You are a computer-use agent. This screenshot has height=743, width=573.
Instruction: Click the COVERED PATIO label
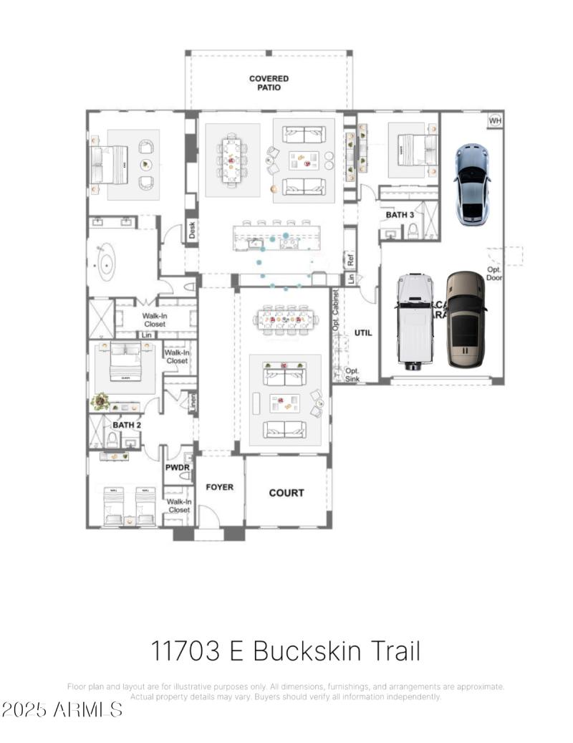pyautogui.click(x=269, y=83)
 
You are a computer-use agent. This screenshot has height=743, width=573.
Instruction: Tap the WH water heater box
pyautogui.click(x=495, y=120)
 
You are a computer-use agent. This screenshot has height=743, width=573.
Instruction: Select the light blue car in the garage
pyautogui.click(x=471, y=184)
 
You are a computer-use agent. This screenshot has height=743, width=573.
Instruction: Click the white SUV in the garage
pyautogui.click(x=415, y=321)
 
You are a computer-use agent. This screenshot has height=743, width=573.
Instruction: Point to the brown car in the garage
pyautogui.click(x=466, y=319)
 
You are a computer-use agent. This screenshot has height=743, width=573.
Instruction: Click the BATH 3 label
pyautogui.click(x=400, y=214)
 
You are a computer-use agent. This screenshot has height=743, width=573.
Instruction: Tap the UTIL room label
pyautogui.click(x=363, y=333)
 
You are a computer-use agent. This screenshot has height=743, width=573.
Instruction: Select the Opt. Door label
pyautogui.click(x=494, y=273)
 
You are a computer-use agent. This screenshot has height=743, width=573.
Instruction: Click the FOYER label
pyautogui.click(x=220, y=487)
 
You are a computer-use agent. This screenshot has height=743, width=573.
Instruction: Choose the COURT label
pyautogui.click(x=286, y=493)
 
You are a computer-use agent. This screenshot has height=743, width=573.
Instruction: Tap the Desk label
pyautogui.click(x=192, y=230)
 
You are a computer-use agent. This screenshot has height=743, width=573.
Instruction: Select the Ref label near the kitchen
pyautogui.click(x=350, y=260)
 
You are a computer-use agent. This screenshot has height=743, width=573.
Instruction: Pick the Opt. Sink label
pyautogui.click(x=352, y=375)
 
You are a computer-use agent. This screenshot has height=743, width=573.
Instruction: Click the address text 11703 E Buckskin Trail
pyautogui.click(x=285, y=651)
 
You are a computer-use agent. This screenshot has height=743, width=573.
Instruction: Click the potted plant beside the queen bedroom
pyautogui.click(x=100, y=401)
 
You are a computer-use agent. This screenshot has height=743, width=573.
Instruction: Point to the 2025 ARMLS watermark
pyautogui.click(x=62, y=709)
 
